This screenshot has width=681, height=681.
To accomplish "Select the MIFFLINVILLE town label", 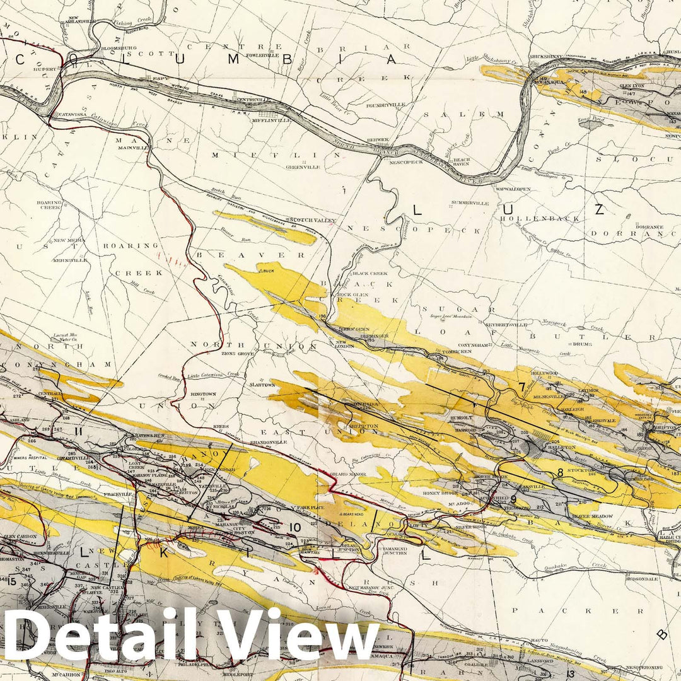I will coord(271,120).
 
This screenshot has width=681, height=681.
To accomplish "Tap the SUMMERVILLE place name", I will coord(470,203).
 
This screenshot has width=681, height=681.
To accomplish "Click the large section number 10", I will coord(294,527).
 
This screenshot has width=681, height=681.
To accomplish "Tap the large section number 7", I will coord(521,387).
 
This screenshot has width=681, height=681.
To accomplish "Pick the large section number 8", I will coord(559,472).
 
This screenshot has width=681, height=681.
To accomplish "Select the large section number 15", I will coord(10,581).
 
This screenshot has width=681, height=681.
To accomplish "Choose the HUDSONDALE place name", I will coord(642,578).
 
